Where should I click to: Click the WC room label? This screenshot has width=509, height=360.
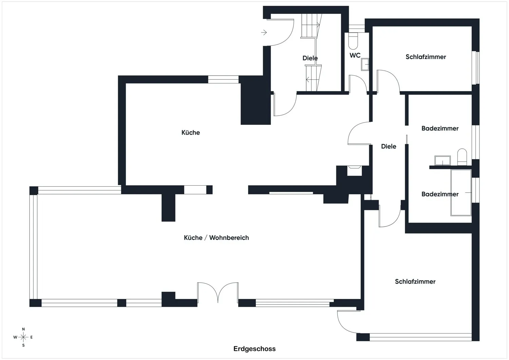(x=355, y=55)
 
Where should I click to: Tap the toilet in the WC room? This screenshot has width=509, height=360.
(x=353, y=41)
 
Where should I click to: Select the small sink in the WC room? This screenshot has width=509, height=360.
(x=365, y=64)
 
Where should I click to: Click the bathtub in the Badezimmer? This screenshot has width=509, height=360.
(x=461, y=192)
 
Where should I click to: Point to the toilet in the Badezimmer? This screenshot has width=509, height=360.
(x=462, y=157)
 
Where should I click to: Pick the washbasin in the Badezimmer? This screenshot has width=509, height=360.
(x=442, y=160)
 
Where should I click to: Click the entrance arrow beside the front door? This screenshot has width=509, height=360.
(x=264, y=33)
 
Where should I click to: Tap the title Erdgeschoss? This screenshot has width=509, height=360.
(x=254, y=349)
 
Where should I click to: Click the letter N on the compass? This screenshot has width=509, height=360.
(x=23, y=329)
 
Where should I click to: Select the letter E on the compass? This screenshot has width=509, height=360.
(x=31, y=337)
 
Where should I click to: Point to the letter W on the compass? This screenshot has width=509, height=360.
(x=15, y=337)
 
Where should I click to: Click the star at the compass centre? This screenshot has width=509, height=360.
(x=23, y=337)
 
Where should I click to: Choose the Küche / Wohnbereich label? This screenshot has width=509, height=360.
(x=216, y=238)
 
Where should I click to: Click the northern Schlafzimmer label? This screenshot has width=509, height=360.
(x=426, y=57)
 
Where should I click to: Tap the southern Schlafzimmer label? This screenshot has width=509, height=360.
(x=415, y=282)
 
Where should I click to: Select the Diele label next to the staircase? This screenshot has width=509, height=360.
(x=310, y=58)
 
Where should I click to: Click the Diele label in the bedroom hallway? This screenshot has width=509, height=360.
(x=389, y=146)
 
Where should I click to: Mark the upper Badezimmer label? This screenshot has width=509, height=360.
(x=440, y=128)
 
